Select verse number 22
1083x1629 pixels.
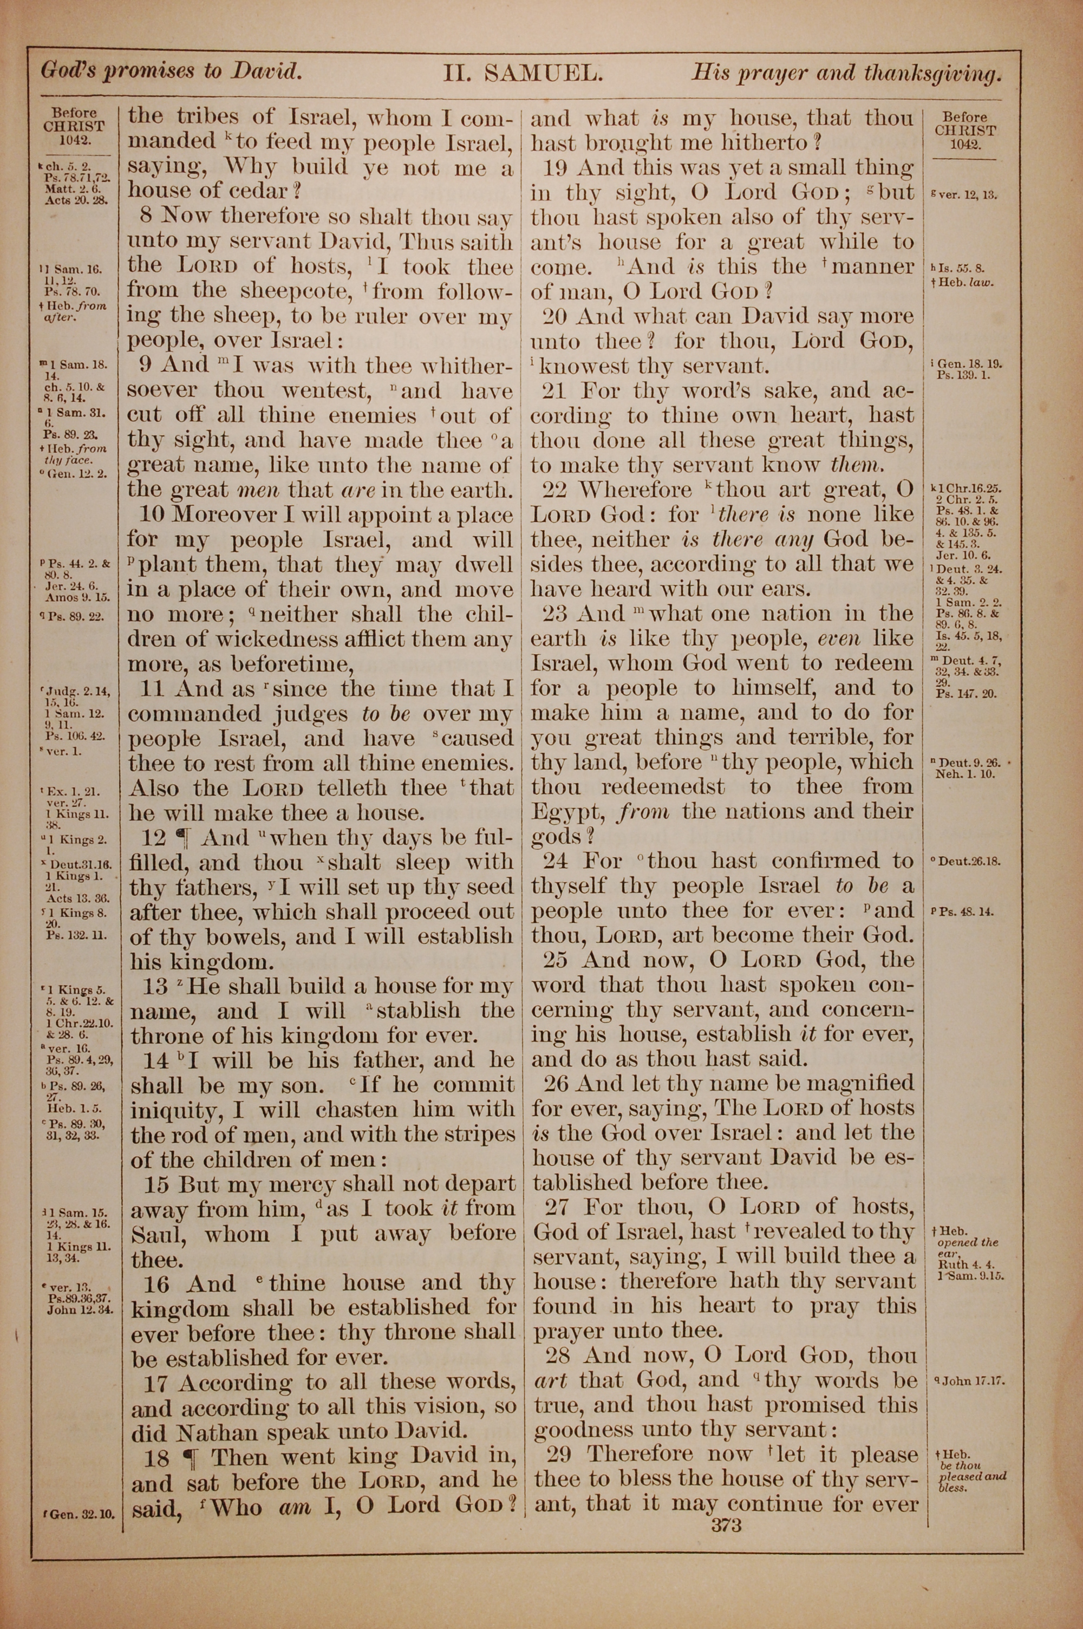[554, 490]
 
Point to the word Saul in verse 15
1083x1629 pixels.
[157, 1234]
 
